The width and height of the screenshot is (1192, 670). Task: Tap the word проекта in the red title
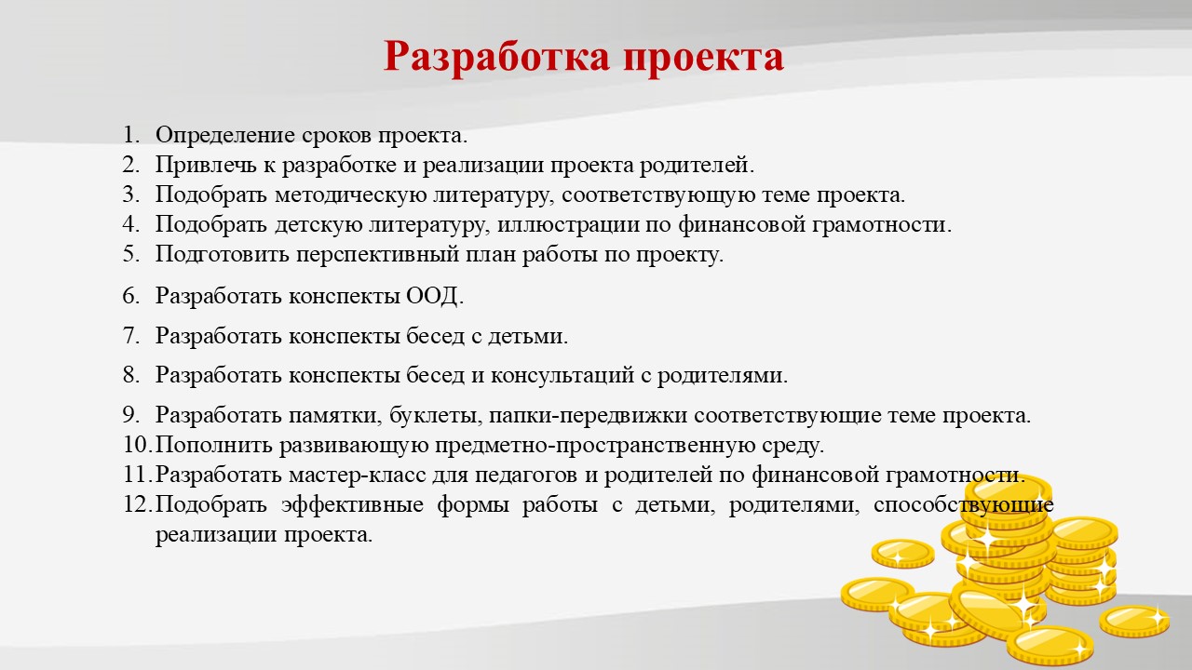click(703, 58)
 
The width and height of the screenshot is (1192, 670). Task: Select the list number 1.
click(131, 135)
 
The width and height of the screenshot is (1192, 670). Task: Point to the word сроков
click(336, 136)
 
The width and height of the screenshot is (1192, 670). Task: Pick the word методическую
click(351, 195)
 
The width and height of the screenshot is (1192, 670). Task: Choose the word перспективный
click(378, 255)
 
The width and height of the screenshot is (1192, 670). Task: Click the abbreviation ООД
click(433, 297)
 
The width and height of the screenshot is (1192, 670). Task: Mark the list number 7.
click(131, 336)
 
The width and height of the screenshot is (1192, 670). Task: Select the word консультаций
click(562, 376)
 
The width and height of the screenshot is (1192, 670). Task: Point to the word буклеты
click(436, 416)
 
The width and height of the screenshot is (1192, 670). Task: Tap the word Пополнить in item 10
click(214, 445)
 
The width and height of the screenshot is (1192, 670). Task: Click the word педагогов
click(525, 476)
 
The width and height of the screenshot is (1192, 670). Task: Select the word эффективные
click(352, 504)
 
